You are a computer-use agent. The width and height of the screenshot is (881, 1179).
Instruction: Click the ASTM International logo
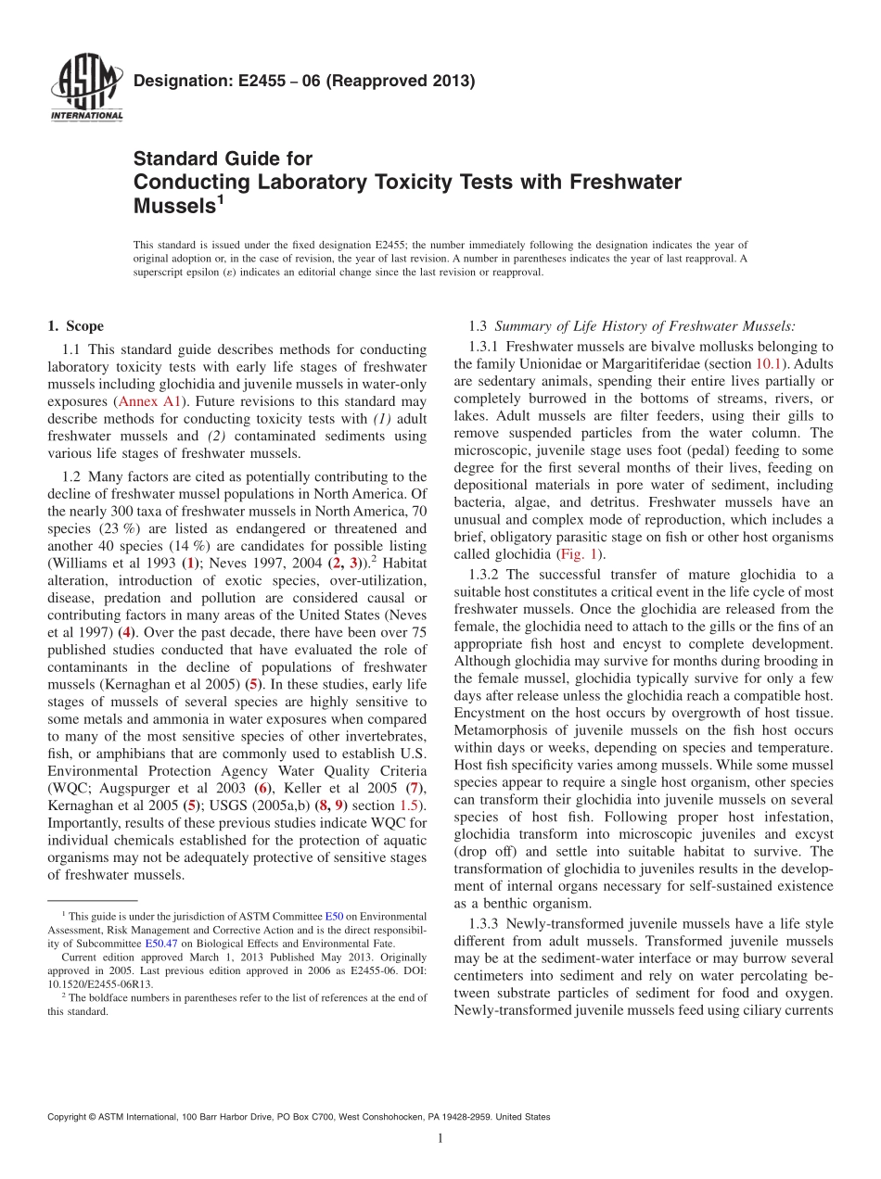(85, 88)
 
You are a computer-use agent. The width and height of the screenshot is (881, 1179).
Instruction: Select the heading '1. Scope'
(75, 326)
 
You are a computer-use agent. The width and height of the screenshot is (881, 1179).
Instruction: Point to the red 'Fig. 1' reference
(579, 554)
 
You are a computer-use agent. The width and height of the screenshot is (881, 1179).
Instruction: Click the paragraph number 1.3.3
(489, 923)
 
